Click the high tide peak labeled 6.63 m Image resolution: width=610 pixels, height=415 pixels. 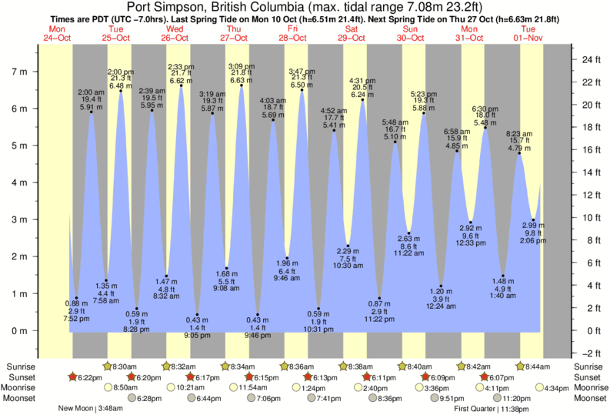click(242, 85)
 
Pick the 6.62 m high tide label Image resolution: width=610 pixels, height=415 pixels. click(181, 80)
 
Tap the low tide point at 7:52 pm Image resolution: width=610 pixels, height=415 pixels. click(76, 298)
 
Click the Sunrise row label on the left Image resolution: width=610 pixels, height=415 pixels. click(21, 366)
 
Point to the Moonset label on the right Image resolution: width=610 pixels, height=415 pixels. click(588, 398)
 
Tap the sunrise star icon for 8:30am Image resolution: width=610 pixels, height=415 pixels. click(107, 366)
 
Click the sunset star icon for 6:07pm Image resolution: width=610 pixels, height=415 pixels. click(485, 377)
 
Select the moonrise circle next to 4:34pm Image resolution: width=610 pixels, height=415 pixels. click(540, 387)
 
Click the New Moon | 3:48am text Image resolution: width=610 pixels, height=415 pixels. click(86, 409)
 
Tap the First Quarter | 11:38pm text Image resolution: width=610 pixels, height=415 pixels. click(492, 409)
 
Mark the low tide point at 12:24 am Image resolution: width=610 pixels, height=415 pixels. click(441, 286)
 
